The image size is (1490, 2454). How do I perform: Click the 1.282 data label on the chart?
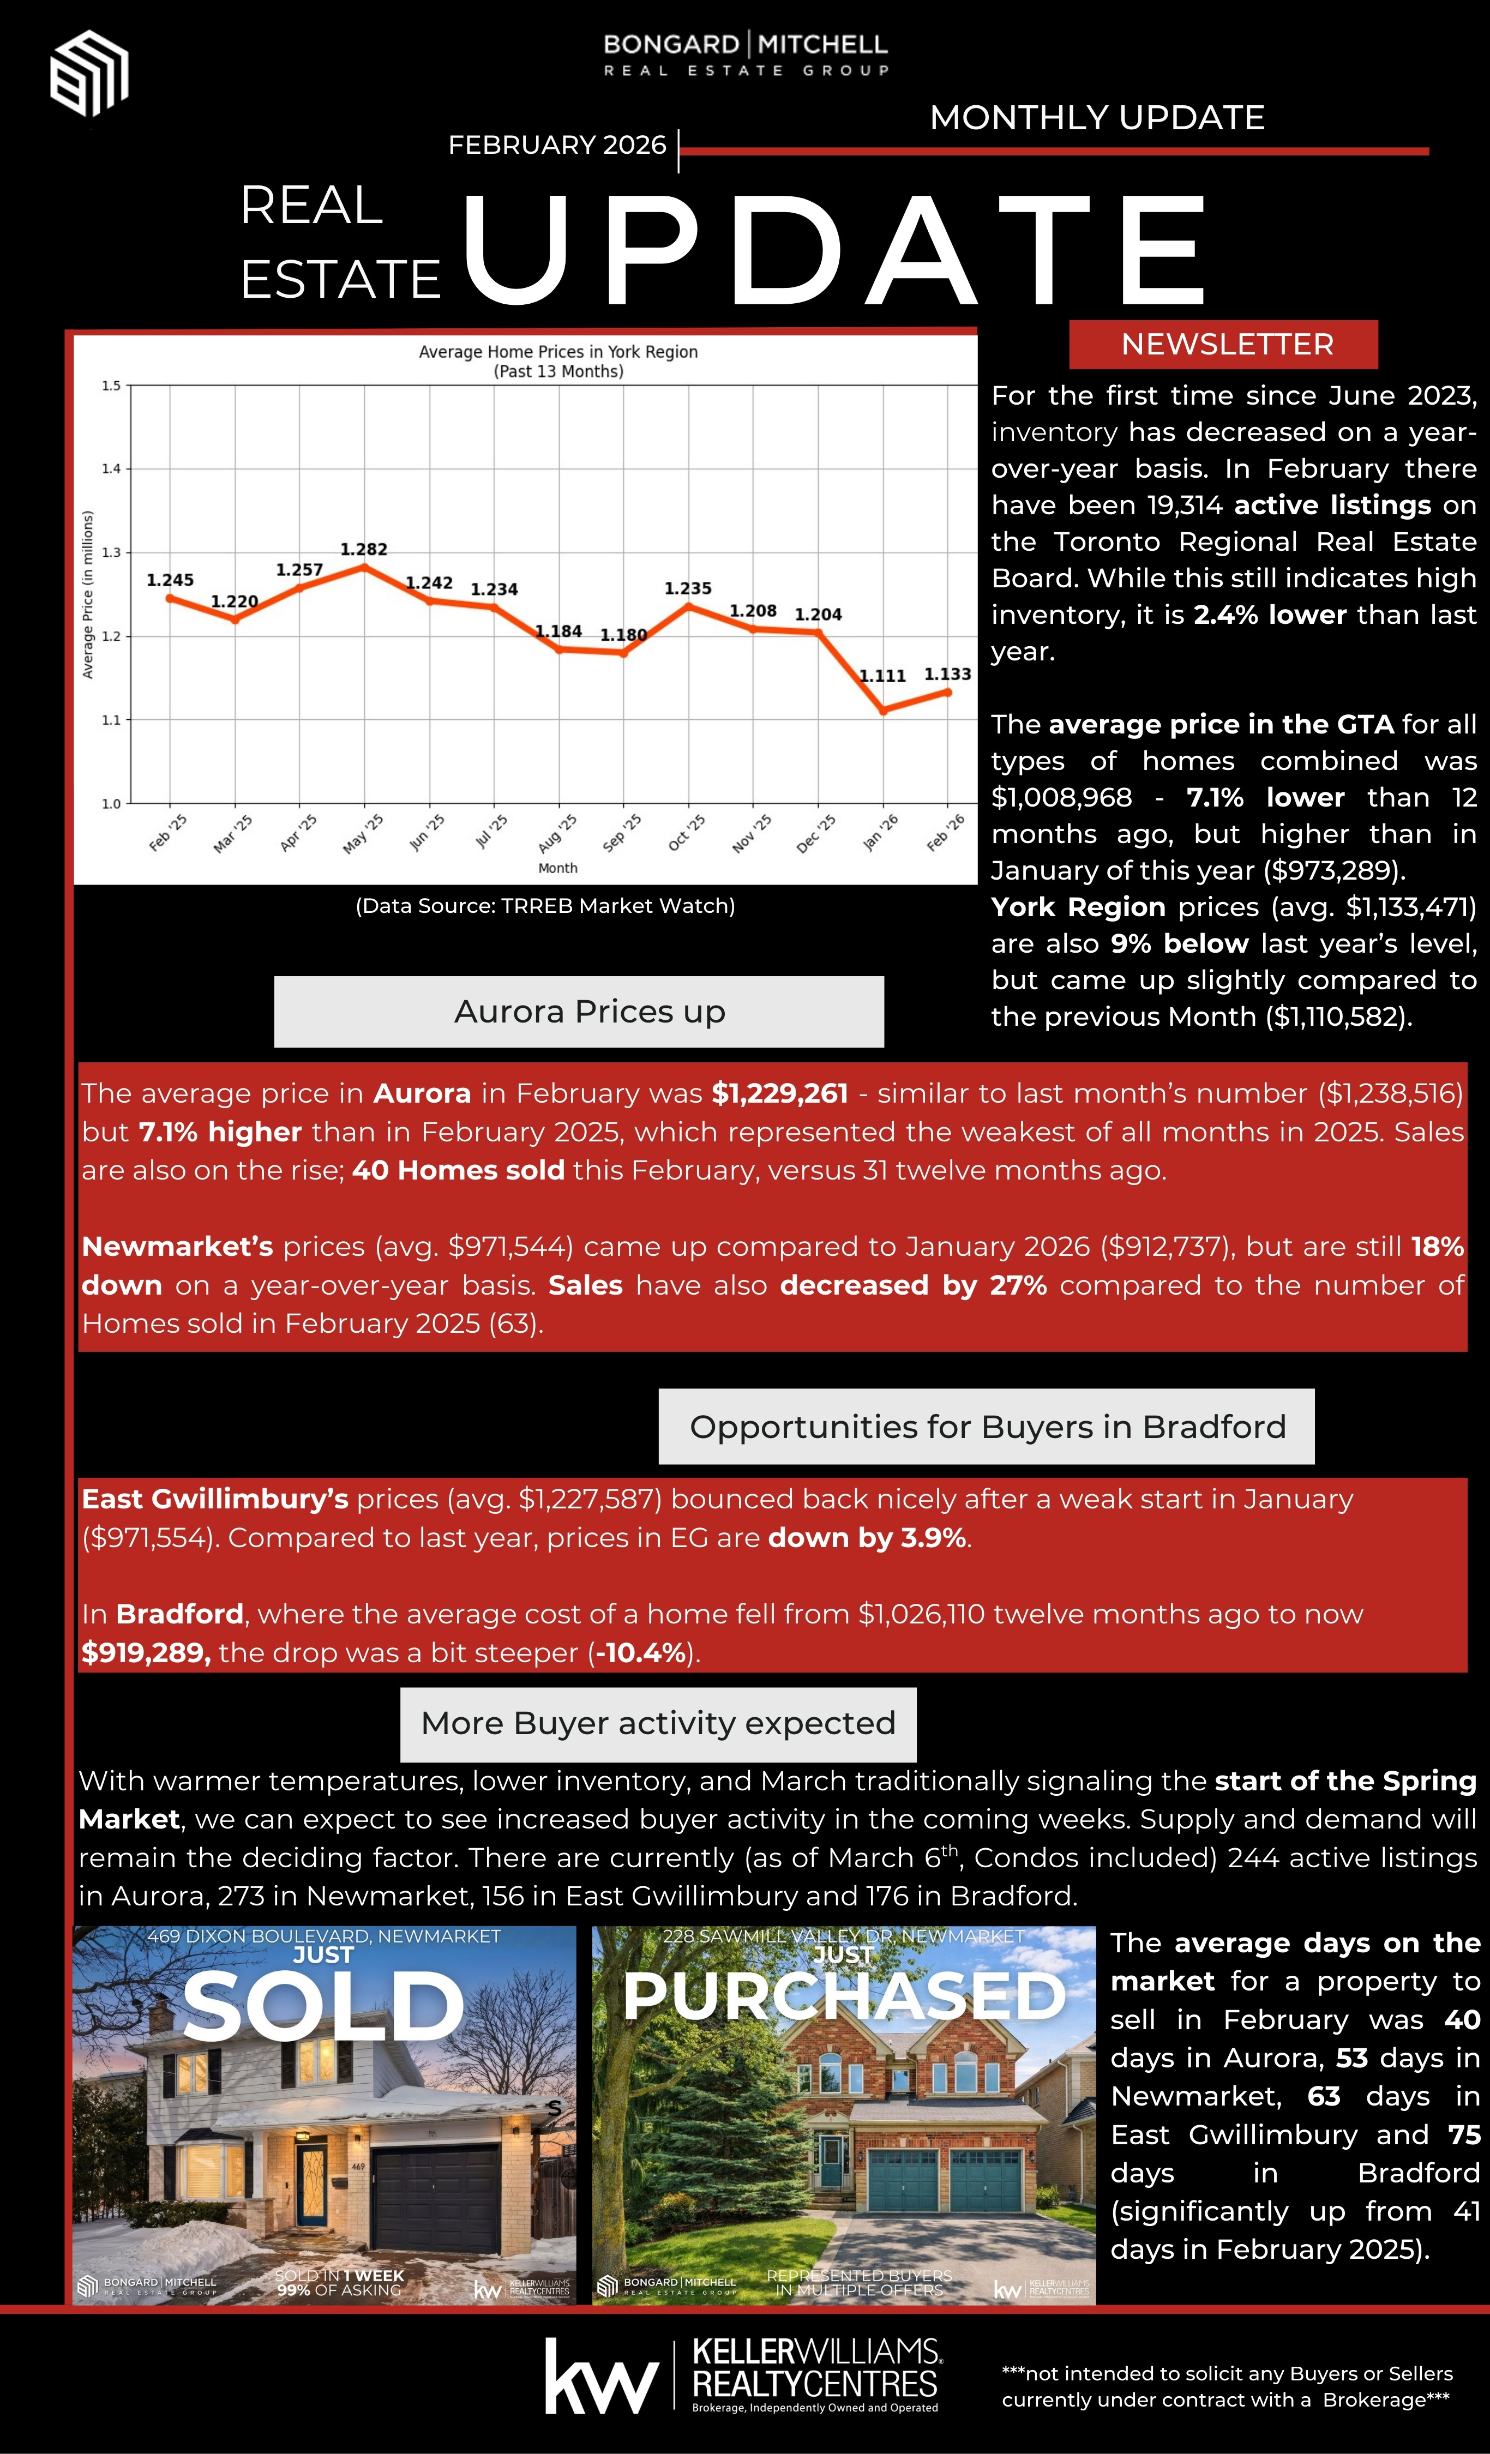pos(364,550)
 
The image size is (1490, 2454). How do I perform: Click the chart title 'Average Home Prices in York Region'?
pos(558,352)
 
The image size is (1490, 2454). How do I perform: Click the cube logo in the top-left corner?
pos(89,73)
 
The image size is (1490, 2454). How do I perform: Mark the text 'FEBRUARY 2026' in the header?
pos(557,146)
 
